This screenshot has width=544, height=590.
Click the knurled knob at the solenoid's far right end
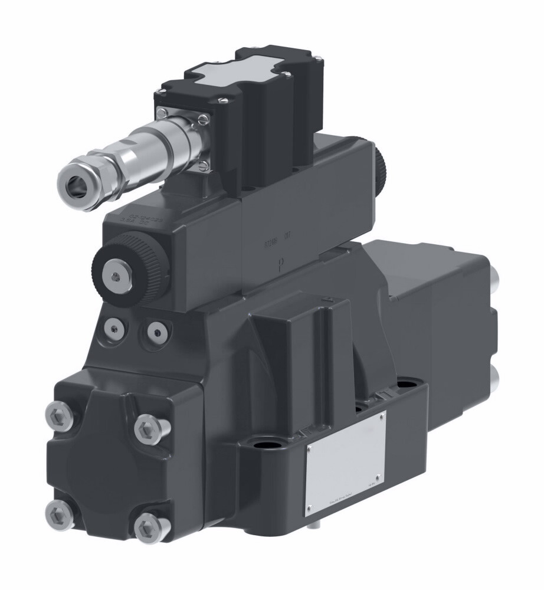click(x=381, y=165)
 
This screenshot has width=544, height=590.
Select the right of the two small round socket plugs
click(x=156, y=332)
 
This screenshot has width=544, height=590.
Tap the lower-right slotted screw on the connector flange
click(x=203, y=166)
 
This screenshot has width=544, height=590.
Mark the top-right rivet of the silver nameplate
click(x=382, y=417)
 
